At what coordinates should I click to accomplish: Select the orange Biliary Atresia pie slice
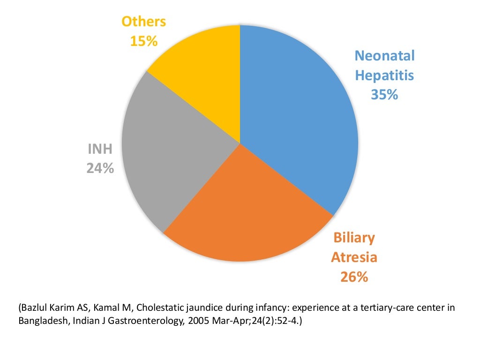(244, 216)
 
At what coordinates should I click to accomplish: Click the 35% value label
(384, 95)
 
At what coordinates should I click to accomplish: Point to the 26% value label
(354, 277)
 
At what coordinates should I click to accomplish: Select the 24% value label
(100, 168)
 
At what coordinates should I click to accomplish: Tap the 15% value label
(143, 41)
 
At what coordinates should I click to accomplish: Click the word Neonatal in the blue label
(384, 56)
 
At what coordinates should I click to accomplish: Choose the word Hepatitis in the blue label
(384, 75)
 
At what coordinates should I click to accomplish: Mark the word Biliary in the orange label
(354, 238)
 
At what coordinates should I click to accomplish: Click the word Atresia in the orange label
(354, 257)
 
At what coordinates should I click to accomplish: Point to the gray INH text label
(100, 149)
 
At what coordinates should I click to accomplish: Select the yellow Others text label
(143, 22)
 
